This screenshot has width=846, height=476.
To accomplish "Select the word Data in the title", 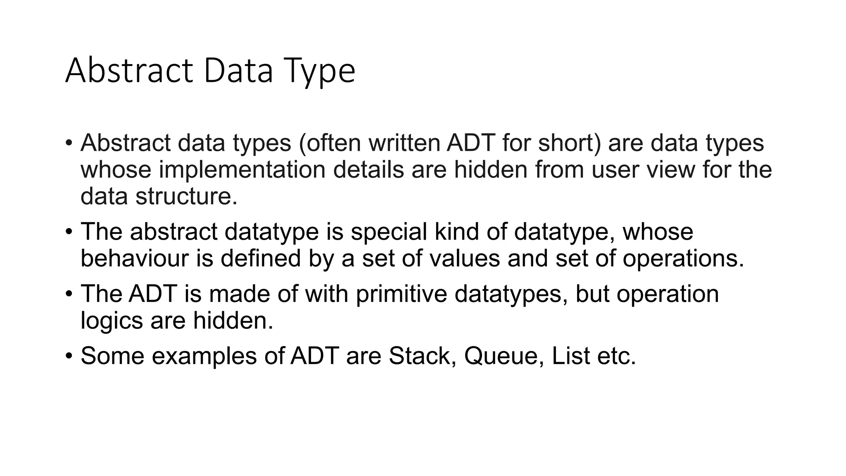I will pyautogui.click(x=238, y=71).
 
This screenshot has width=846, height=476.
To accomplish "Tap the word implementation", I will pyautogui.click(x=242, y=170).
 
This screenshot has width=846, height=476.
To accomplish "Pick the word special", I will pyautogui.click(x=389, y=232).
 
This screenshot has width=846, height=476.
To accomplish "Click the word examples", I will pyautogui.click(x=204, y=356).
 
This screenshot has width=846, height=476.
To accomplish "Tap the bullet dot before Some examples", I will pyautogui.click(x=69, y=356).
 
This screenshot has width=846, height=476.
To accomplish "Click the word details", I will pyautogui.click(x=368, y=170).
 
